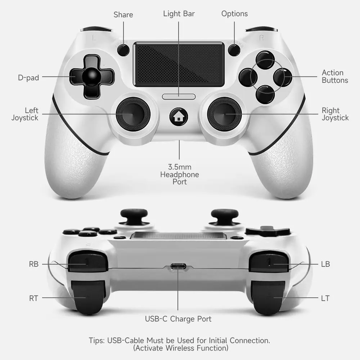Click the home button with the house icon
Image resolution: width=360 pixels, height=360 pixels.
(179, 117)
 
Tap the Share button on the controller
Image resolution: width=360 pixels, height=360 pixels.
(123, 50)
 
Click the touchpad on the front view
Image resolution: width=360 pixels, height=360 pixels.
(179, 64)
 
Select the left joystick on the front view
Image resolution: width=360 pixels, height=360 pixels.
(133, 114)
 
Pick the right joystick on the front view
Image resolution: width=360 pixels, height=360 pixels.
(224, 114)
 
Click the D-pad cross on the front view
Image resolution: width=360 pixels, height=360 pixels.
(92, 77)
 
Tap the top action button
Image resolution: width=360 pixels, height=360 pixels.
(265, 60)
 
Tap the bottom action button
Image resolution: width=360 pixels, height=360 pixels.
(265, 94)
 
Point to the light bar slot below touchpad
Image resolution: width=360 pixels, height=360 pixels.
(179, 96)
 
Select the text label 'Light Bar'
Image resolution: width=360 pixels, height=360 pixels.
(179, 14)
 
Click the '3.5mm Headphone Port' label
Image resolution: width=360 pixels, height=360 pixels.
(180, 174)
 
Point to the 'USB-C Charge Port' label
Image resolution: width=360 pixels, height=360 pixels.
(178, 319)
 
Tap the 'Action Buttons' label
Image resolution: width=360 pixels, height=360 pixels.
(335, 76)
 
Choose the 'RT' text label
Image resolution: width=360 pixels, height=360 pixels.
(33, 298)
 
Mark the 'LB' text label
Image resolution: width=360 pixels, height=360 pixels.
(325, 264)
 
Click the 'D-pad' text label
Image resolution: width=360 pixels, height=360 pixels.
(28, 78)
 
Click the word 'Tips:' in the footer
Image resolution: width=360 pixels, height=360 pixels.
(97, 341)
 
